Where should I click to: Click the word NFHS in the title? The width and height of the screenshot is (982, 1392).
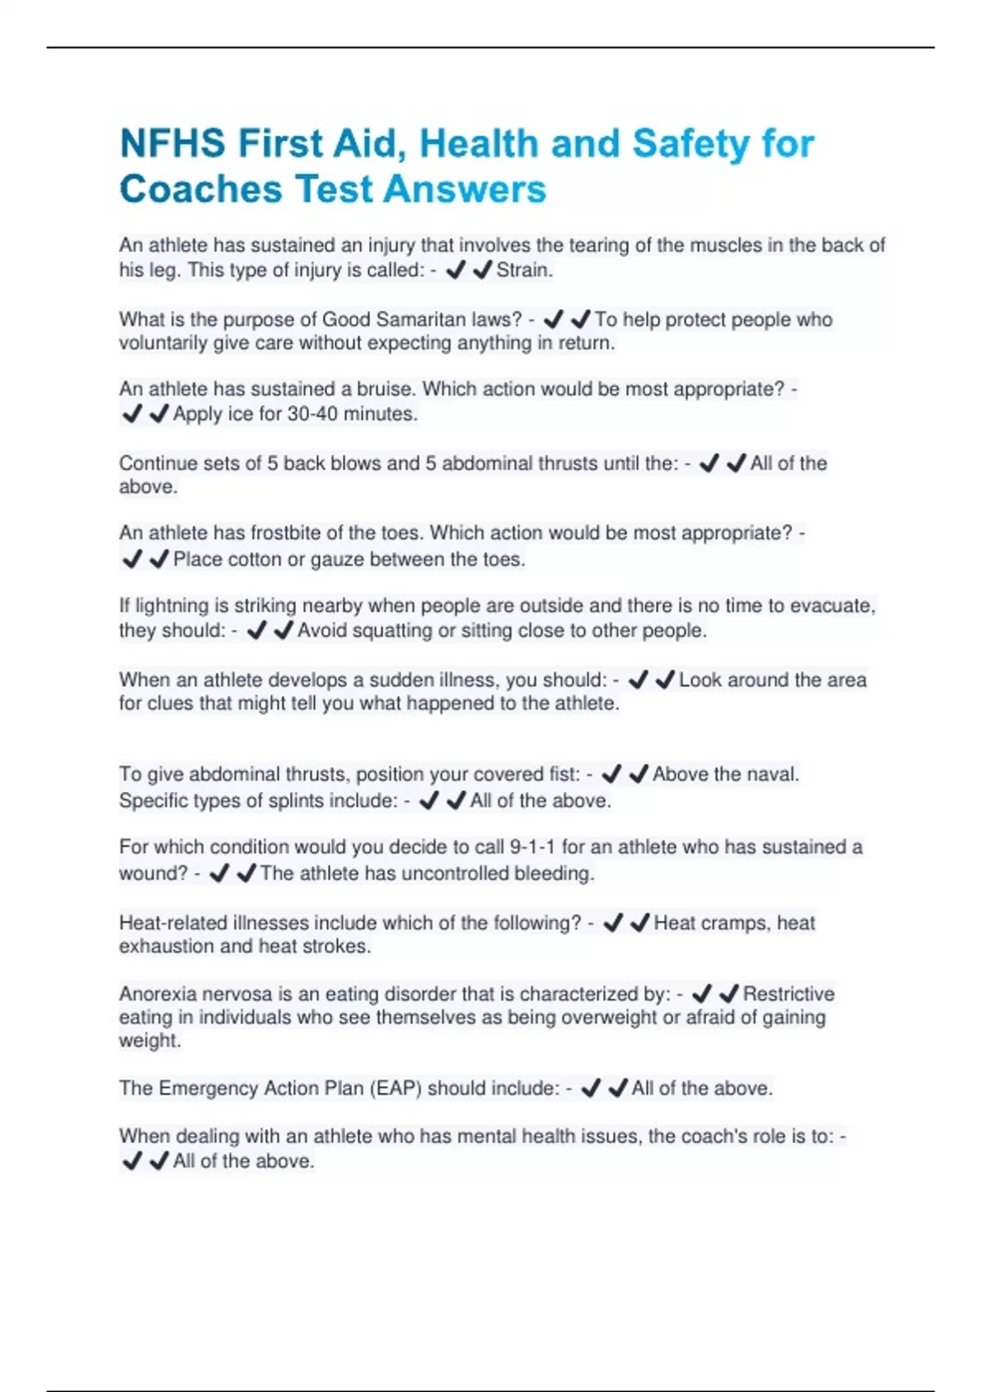pos(172,144)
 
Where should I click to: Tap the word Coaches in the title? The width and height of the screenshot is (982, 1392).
pos(200,189)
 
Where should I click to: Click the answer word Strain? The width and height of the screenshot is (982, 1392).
pos(525,270)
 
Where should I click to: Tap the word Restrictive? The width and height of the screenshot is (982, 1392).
pos(788,994)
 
